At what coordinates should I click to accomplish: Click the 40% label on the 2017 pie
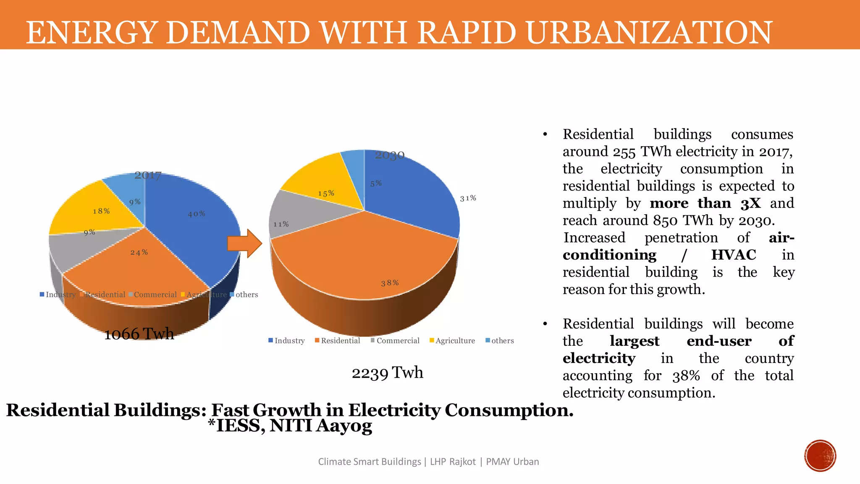197,214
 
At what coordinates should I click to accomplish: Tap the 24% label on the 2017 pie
139,253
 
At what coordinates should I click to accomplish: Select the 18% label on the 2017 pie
101,211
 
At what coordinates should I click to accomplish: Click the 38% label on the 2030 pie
390,283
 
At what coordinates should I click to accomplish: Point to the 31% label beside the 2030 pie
468,198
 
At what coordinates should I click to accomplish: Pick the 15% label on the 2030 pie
326,193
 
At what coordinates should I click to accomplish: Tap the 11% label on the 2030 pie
281,224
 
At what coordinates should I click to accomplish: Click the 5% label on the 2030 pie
376,184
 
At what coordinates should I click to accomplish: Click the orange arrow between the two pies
245,243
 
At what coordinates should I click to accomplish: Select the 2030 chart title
390,155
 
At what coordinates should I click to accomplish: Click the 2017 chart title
148,175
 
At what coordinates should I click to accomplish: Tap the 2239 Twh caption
387,373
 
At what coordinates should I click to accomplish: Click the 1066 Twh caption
139,334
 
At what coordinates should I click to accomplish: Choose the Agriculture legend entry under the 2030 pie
452,341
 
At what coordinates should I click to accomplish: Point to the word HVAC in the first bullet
733,255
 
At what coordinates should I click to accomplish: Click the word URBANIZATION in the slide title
649,32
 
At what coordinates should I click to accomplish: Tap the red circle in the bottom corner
820,456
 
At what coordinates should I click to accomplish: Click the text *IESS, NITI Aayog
290,426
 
